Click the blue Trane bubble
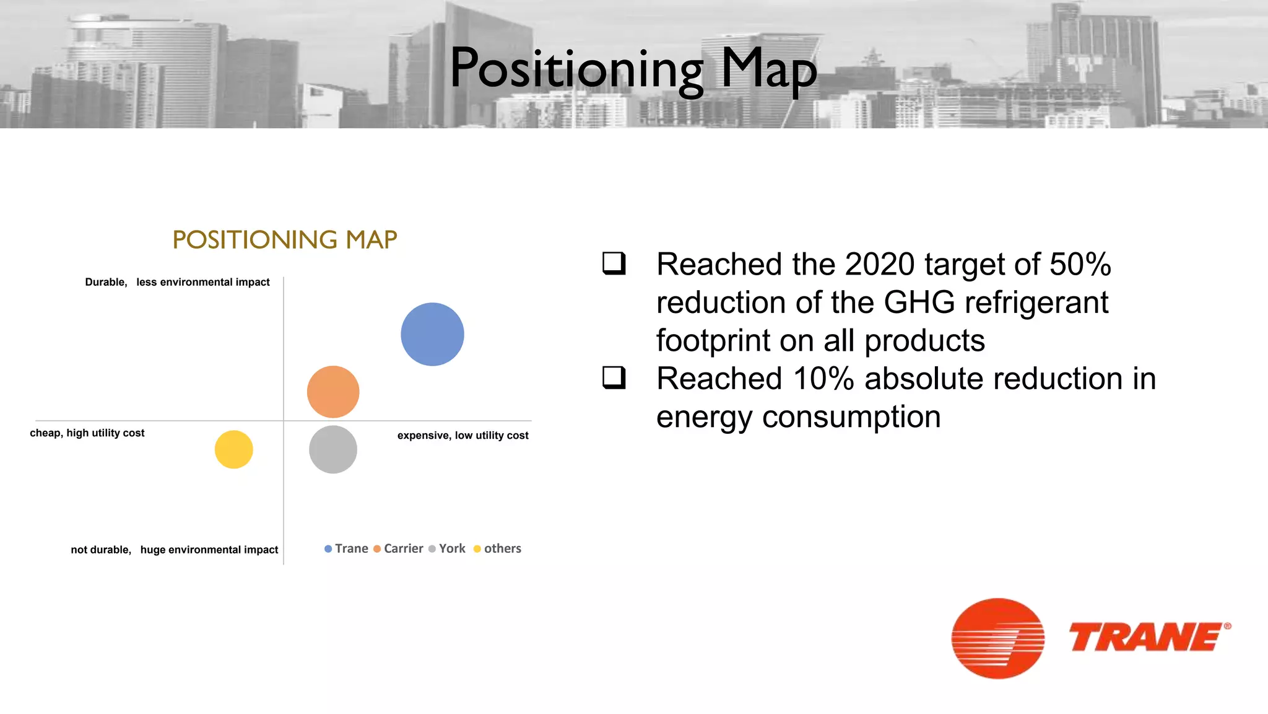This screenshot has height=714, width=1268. tap(432, 334)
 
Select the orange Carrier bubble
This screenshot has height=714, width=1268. tap(333, 392)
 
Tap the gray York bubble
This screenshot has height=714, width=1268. tap(333, 449)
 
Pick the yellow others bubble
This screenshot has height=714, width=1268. tap(233, 449)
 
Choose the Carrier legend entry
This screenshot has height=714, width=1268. tap(399, 549)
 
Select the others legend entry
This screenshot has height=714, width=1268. tap(498, 549)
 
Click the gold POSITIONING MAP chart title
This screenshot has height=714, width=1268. tap(285, 240)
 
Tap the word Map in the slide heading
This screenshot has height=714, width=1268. tap(768, 69)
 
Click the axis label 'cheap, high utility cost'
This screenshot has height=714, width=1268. tap(87, 433)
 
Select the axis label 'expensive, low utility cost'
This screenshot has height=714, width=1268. tap(462, 435)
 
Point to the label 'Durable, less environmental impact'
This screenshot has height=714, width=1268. tap(177, 282)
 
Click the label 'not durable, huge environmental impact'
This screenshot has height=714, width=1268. tap(175, 550)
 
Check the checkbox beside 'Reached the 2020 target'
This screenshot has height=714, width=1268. tap(614, 263)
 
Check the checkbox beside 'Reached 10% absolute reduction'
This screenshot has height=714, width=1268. tap(614, 377)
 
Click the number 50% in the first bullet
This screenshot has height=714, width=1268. tap(1080, 265)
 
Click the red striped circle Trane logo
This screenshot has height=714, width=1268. tap(997, 638)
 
